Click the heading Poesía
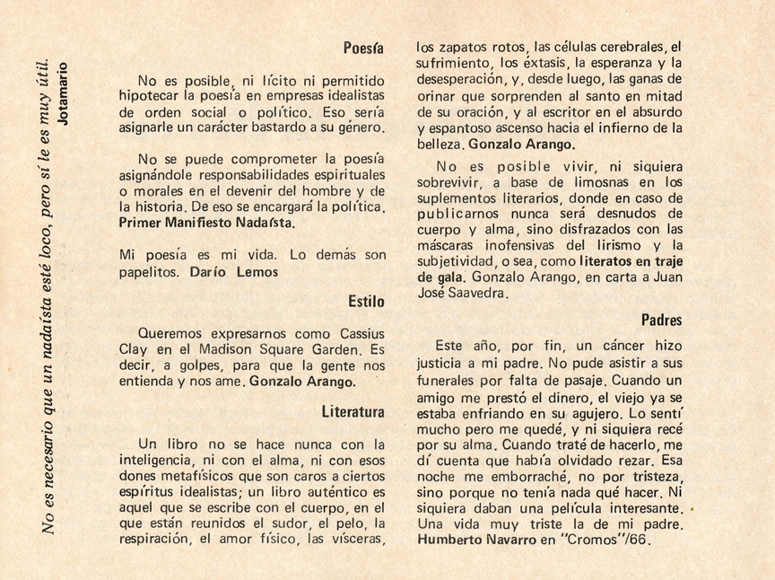click(363, 47)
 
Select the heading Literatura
click(353, 411)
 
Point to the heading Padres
click(662, 320)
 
